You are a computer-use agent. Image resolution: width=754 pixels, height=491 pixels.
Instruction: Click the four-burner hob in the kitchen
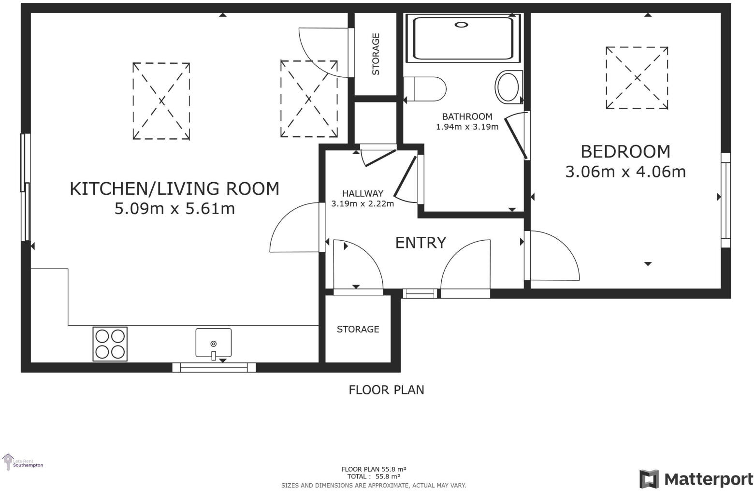[x=110, y=344]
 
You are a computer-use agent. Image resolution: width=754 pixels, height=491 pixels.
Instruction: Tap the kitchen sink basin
[x=213, y=343]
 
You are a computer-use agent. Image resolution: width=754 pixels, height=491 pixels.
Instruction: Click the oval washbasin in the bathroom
[x=508, y=87]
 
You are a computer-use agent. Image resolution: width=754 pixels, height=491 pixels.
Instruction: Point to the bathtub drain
[x=462, y=25]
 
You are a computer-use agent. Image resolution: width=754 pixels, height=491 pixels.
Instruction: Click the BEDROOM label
[x=625, y=152]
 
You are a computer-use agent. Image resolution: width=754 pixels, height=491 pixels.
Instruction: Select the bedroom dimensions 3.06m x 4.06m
[x=625, y=172]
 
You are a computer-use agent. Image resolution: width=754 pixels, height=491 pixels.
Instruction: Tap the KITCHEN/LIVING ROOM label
[x=174, y=188]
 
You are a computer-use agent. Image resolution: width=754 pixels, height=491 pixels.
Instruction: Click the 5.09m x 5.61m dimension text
[x=174, y=209]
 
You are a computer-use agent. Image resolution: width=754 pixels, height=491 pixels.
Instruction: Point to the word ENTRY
[x=420, y=243]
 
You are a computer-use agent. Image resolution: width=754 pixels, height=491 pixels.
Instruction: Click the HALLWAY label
[x=362, y=193]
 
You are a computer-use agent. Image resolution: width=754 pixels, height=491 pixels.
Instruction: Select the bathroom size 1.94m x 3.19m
[x=467, y=127]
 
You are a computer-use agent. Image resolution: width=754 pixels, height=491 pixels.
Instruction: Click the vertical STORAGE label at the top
[x=376, y=54]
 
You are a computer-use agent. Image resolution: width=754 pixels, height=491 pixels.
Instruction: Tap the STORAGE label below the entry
[x=358, y=329]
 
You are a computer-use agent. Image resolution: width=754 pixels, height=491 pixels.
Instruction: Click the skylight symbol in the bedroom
[x=637, y=78]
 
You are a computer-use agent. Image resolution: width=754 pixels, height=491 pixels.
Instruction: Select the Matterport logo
[x=696, y=479]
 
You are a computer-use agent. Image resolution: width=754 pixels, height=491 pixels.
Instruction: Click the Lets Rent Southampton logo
[x=23, y=463]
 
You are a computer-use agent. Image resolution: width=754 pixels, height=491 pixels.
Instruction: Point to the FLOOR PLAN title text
[x=386, y=390]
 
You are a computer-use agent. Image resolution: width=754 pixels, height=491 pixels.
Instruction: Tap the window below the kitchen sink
[x=214, y=368]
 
